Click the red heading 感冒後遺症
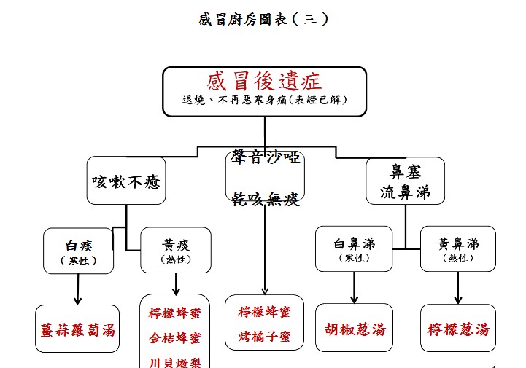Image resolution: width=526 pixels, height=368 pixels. [264, 82]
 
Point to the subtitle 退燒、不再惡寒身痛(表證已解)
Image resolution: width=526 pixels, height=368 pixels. [264, 100]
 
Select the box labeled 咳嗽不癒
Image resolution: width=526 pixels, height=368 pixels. [126, 181]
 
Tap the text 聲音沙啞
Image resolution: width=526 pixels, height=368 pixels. [265, 158]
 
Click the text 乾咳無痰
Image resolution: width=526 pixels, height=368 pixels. [265, 199]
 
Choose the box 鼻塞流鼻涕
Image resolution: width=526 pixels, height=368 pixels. [406, 181]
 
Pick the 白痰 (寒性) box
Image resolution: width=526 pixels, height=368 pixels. [79, 250]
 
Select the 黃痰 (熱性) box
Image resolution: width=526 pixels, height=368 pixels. [176, 250]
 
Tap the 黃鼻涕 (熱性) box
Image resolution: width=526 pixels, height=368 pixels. [457, 249]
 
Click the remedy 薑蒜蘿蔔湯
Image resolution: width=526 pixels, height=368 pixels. [77, 329]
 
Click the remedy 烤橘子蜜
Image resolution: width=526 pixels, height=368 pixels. [264, 337]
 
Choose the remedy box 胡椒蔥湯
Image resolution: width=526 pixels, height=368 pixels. [354, 329]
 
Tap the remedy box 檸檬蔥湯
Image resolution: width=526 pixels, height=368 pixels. [458, 329]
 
